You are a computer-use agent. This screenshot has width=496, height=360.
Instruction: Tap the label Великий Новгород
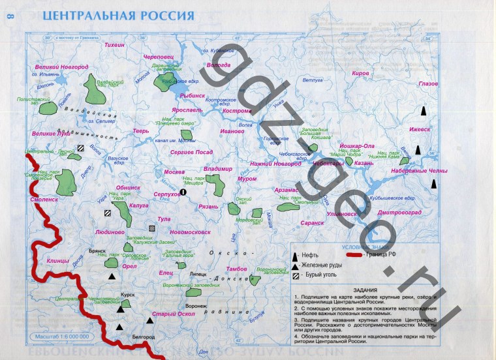pos(61,67)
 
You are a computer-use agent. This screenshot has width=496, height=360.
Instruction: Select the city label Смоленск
pos(44,200)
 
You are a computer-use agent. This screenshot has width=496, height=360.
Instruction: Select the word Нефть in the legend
pos(313,256)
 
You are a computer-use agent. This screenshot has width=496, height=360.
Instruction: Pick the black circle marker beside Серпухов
pos(183,192)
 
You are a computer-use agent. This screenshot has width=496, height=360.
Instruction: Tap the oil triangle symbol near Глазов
pos(424,111)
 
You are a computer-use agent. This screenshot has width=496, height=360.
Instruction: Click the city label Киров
pos(360,74)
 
